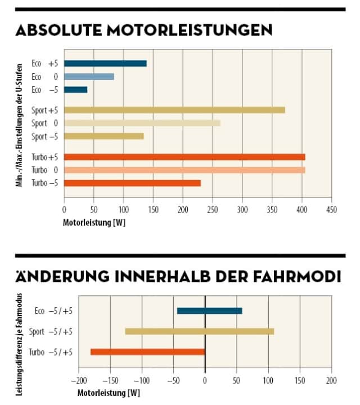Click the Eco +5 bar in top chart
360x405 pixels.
pos(105,64)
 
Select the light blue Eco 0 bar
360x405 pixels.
pos(89,76)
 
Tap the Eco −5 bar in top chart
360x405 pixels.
pos(75,89)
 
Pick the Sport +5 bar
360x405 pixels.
pos(174,110)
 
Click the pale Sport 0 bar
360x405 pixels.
pos(142,123)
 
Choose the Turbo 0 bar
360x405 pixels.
pos(184,170)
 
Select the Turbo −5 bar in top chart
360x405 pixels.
pos(132,183)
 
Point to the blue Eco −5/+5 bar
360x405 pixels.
pos(209,310)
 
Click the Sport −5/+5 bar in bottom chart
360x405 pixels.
pos(199,331)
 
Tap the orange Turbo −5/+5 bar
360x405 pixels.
pos(147,352)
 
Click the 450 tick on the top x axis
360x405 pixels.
pos(331,209)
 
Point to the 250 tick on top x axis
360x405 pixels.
pos(213,209)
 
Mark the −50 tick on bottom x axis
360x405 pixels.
pos(173,379)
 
